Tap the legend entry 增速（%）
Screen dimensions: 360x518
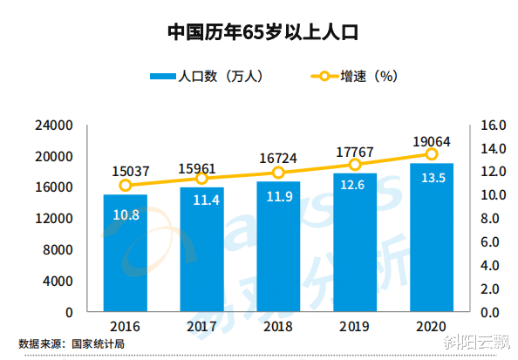[x=352, y=77]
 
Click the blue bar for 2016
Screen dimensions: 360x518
[x=126, y=253]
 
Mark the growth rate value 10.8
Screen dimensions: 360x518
[x=126, y=214]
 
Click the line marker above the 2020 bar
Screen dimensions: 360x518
[x=432, y=154]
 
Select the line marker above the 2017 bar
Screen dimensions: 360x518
[x=201, y=178]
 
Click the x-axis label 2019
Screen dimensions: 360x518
[x=355, y=328]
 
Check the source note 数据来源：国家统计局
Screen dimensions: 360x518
[x=72, y=344]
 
